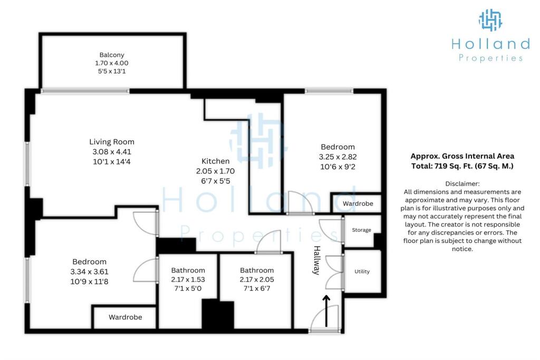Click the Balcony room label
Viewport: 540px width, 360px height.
click(x=112, y=55)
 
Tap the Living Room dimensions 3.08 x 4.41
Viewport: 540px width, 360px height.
click(x=112, y=151)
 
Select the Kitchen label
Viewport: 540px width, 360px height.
click(x=216, y=161)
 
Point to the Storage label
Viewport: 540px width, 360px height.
click(x=361, y=230)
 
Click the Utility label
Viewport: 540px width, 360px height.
click(x=362, y=271)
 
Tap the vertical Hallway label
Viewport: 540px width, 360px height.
click(x=317, y=260)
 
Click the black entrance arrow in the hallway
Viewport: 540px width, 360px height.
click(x=326, y=311)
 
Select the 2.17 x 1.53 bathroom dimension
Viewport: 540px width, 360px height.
click(x=188, y=279)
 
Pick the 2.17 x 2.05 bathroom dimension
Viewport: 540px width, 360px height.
click(x=257, y=279)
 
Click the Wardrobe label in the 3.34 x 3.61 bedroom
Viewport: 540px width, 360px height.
click(x=126, y=317)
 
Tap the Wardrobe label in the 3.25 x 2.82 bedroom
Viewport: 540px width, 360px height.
click(x=358, y=203)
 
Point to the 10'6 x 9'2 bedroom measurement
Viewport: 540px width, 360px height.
click(x=337, y=167)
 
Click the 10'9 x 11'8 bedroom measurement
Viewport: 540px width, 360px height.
click(x=89, y=281)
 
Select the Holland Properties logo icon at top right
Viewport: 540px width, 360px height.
click(x=490, y=20)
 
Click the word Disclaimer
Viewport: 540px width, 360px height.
click(x=462, y=184)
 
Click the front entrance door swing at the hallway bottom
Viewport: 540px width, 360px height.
click(x=324, y=318)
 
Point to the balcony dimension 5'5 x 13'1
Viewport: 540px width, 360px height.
click(x=112, y=71)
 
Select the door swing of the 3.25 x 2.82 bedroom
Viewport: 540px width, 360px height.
click(x=300, y=203)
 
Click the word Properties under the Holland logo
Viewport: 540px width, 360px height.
click(x=490, y=58)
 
